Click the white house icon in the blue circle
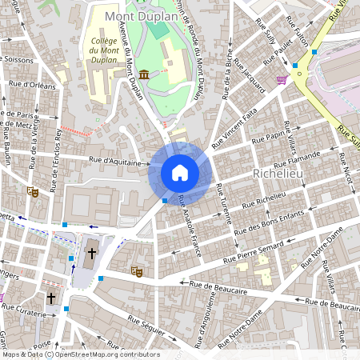pos(180,173)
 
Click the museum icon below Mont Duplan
pos(143,74)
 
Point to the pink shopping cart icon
pos(282,79)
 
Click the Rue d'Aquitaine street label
pos(120,162)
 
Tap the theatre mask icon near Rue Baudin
pos(33,191)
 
